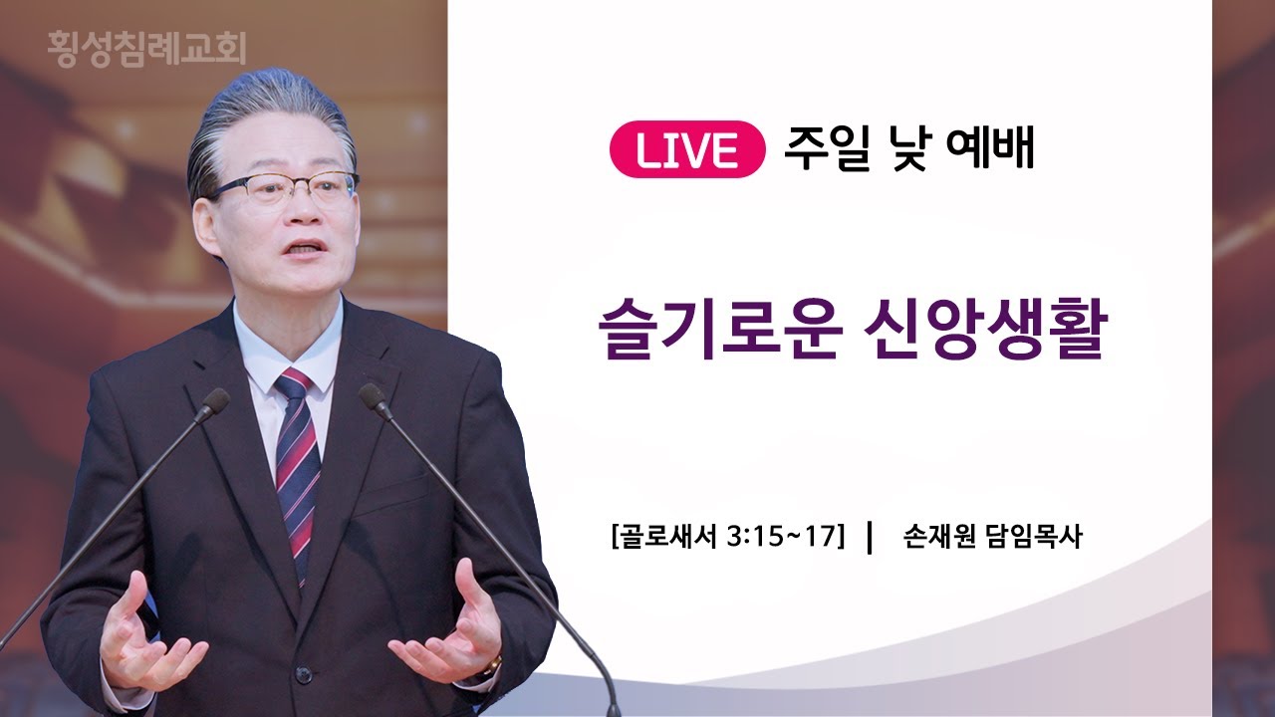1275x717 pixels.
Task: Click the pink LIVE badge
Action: pos(687,149)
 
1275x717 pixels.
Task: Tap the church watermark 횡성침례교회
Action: pos(146,49)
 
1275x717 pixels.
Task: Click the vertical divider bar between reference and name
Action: pos(870,537)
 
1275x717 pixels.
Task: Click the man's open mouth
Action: pos(304,249)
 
